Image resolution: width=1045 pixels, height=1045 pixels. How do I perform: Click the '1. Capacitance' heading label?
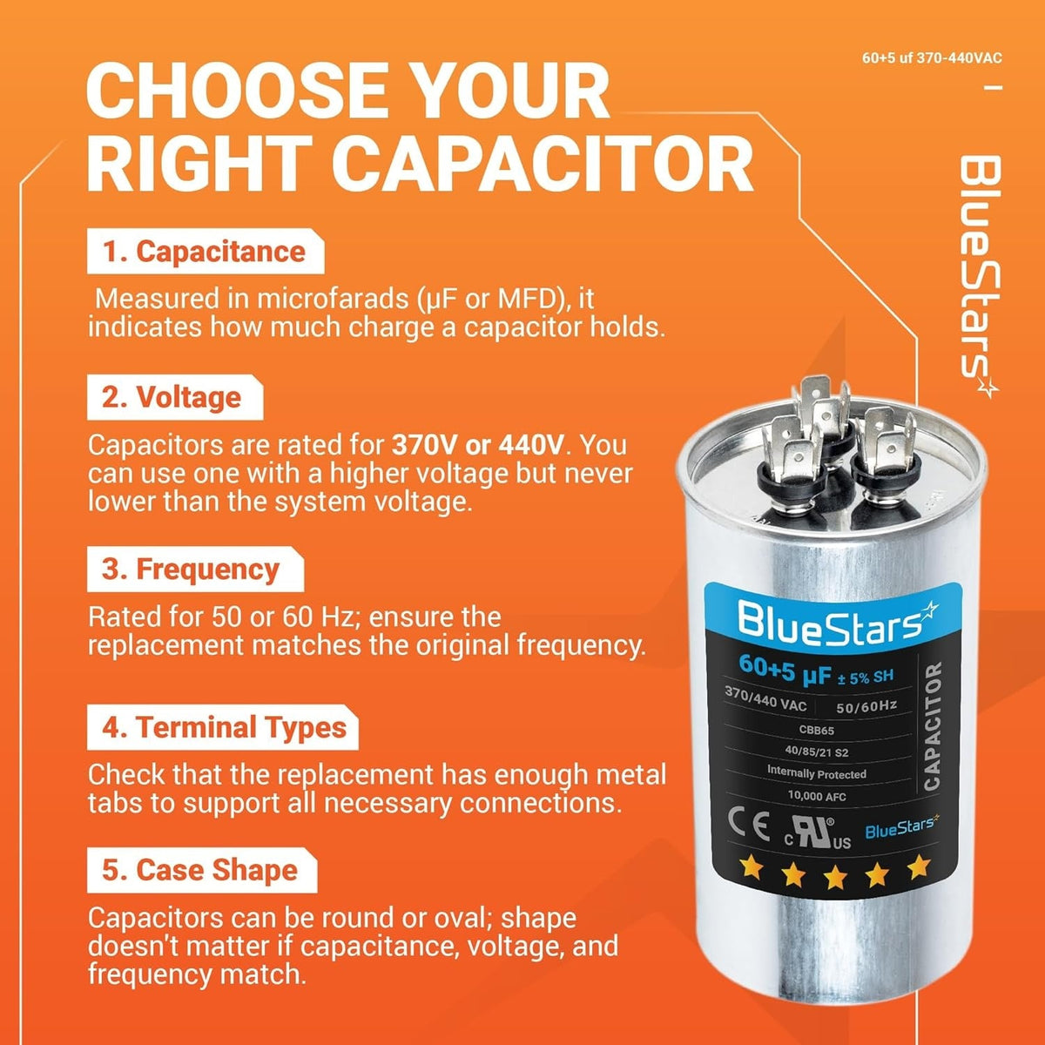[205, 252]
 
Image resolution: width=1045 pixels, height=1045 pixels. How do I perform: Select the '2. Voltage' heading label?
[172, 397]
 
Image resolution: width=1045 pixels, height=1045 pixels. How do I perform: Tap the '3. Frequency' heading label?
[191, 570]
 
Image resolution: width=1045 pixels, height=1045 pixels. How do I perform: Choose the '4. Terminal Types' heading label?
[224, 726]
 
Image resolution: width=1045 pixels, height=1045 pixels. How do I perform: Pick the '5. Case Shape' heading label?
[199, 870]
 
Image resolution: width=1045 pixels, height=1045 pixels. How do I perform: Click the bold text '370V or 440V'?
[478, 445]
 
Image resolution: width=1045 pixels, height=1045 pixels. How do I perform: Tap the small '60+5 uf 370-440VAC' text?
[932, 58]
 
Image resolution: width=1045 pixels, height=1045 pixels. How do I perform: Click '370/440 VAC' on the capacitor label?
[765, 700]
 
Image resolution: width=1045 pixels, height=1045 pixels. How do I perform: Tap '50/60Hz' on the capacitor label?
[866, 706]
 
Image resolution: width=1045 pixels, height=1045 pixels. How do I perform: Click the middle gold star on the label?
[835, 877]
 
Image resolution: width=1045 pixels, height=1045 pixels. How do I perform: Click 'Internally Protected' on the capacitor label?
[816, 774]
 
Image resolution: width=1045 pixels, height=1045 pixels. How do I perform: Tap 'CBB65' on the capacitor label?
[816, 730]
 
